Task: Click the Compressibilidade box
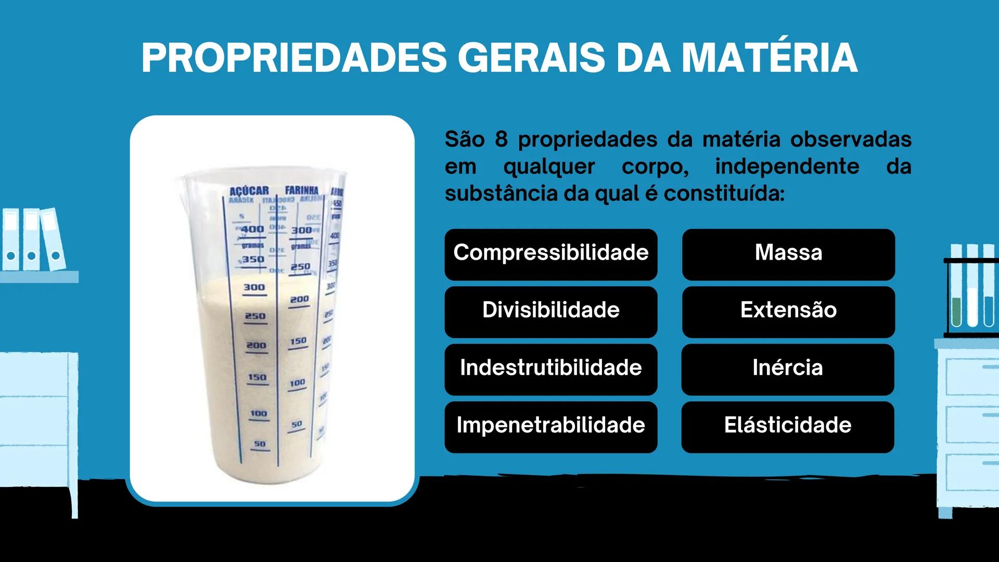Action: tap(550, 254)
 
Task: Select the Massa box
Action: tap(788, 254)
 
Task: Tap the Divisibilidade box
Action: tap(550, 311)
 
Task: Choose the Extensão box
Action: tap(788, 311)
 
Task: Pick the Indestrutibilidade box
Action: tap(550, 369)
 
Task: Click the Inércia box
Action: tap(787, 369)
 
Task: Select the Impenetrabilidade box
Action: tap(550, 426)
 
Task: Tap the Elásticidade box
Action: tap(787, 426)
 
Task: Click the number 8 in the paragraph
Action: tap(501, 139)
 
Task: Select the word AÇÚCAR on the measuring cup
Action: tap(249, 191)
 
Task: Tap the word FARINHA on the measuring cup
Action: tap(302, 190)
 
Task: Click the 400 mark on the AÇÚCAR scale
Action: tap(253, 229)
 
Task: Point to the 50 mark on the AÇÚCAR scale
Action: tap(260, 444)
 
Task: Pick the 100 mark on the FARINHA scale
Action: tap(297, 383)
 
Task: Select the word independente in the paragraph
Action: tap(787, 167)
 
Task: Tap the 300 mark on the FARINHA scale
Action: tap(301, 230)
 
